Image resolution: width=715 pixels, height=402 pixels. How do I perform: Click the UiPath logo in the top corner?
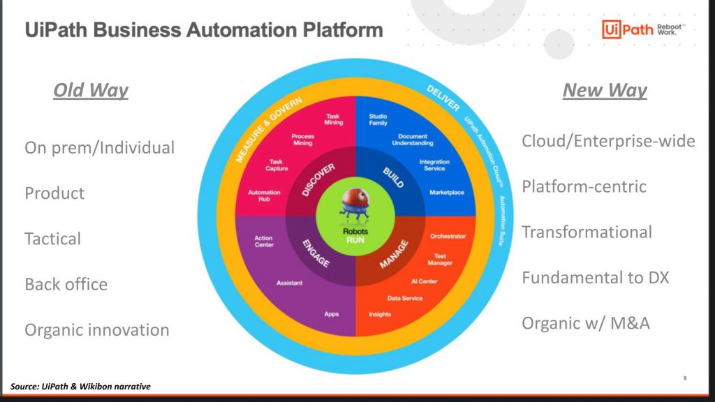[632, 29]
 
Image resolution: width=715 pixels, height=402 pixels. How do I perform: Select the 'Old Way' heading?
[91, 91]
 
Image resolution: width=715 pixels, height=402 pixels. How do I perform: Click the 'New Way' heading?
[605, 91]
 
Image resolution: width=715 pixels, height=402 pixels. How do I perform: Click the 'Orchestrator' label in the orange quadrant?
[448, 236]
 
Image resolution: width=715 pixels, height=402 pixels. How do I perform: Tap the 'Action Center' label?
[264, 241]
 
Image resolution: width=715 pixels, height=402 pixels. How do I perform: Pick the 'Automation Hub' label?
[264, 196]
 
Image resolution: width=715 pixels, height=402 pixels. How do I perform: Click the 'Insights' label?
[380, 314]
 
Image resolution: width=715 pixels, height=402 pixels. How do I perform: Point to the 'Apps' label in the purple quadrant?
[332, 314]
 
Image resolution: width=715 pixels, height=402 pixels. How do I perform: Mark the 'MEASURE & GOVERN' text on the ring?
[269, 130]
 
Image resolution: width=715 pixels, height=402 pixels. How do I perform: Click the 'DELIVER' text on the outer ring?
[442, 99]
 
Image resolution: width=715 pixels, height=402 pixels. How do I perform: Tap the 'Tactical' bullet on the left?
[53, 239]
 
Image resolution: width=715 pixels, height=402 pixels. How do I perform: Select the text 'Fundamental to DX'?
[595, 278]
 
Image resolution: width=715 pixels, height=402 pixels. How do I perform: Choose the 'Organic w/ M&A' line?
[586, 324]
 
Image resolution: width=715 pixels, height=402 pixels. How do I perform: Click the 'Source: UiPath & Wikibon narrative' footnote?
[81, 386]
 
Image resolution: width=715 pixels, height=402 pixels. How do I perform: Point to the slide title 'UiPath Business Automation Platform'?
[204, 31]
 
